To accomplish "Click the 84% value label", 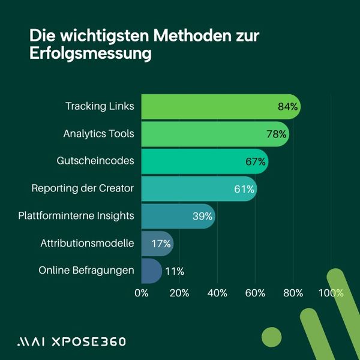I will (287, 107).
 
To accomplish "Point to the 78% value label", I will (276, 134).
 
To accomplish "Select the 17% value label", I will (161, 244).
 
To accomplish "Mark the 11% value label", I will (174, 271).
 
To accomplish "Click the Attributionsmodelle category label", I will (87, 244).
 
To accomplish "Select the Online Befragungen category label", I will (86, 271).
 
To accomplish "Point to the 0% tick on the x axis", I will (142, 293).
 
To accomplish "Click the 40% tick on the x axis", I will (217, 293).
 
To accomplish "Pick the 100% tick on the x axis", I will (331, 293).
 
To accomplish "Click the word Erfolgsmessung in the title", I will (90, 53).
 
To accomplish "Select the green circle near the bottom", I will (272, 337).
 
